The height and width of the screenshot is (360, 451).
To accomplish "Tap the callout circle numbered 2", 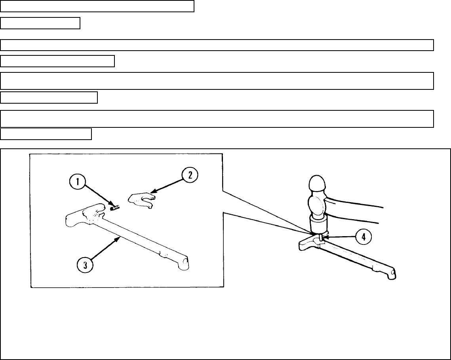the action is point(190,176).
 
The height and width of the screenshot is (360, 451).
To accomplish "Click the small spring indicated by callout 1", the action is point(115,207).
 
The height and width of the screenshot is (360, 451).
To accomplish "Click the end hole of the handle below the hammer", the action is point(392,273).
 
